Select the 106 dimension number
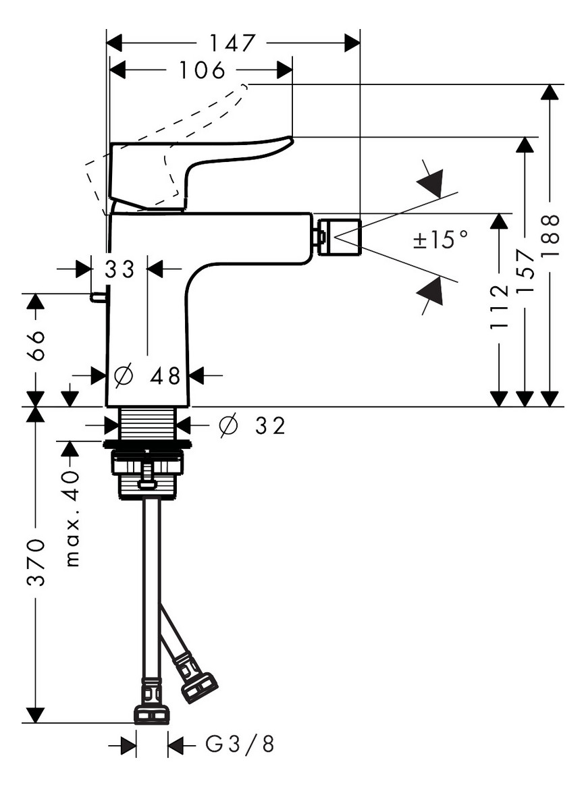tap(201, 70)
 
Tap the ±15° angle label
tap(440, 239)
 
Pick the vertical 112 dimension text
tap(499, 307)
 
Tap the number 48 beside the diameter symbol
tap(165, 376)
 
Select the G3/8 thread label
tap(240, 745)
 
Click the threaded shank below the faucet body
tap(147, 424)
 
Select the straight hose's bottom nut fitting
tap(151, 714)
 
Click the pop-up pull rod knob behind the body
tap(99, 296)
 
